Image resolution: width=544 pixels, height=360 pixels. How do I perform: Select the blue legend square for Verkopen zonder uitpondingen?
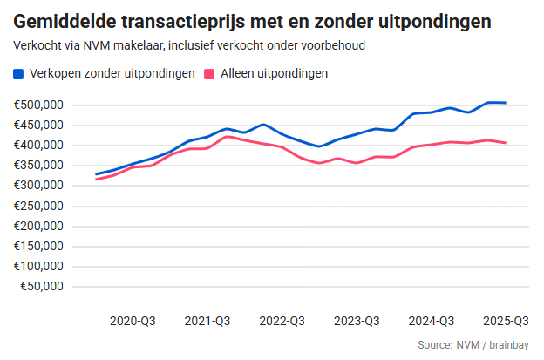[19, 74]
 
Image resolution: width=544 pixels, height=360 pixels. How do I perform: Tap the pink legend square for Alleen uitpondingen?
[209, 74]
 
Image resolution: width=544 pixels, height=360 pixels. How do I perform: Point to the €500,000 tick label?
[40, 105]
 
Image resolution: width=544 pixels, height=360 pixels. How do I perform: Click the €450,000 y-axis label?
[40, 126]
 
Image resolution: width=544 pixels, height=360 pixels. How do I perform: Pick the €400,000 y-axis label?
[40, 146]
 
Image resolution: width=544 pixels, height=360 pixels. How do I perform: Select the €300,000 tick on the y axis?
[40, 186]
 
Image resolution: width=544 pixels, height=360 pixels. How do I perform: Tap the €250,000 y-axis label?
[40, 206]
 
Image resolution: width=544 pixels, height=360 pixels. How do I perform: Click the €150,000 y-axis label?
[40, 246]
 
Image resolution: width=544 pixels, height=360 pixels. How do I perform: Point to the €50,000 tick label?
[43, 286]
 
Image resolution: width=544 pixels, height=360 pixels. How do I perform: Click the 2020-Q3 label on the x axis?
[133, 321]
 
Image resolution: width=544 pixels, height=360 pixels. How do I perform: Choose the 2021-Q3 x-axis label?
[207, 321]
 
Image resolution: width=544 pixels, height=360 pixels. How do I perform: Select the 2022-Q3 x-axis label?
[282, 321]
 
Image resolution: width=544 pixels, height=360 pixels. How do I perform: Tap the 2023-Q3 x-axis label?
[357, 321]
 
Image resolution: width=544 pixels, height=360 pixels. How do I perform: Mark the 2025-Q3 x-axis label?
[506, 321]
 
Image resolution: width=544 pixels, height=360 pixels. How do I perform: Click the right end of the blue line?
[506, 103]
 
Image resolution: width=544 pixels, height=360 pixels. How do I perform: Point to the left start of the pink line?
[96, 180]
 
